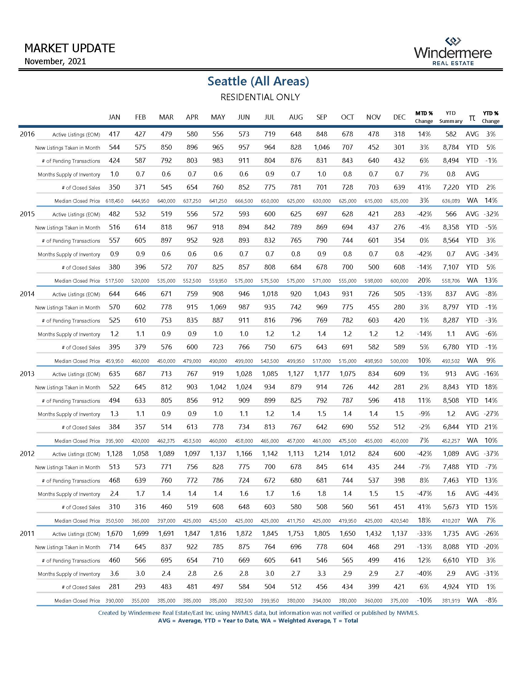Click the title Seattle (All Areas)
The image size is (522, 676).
pyautogui.click(x=258, y=81)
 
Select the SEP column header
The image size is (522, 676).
pyautogui.click(x=321, y=117)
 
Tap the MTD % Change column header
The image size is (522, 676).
pyautogui.click(x=424, y=117)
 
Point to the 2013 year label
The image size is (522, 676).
pyautogui.click(x=27, y=374)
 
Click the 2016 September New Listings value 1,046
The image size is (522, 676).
pyautogui.click(x=321, y=147)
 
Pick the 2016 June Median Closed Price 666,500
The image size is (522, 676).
pyautogui.click(x=244, y=201)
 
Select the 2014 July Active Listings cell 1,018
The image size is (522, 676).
pyautogui.click(x=270, y=294)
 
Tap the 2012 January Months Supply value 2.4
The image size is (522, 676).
pyautogui.click(x=115, y=494)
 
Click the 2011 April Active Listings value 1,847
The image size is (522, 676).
pyautogui.click(x=192, y=534)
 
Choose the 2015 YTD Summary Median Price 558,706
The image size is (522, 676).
pyautogui.click(x=451, y=281)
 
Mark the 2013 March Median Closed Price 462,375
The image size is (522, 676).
pyautogui.click(x=166, y=441)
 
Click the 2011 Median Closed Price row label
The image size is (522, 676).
pyautogui.click(x=77, y=601)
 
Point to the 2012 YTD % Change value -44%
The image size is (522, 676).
pyautogui.click(x=491, y=494)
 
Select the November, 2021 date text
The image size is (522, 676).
pyautogui.click(x=55, y=61)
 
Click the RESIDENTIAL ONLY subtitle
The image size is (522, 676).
pyautogui.click(x=260, y=97)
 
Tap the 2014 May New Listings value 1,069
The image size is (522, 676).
pyautogui.click(x=218, y=307)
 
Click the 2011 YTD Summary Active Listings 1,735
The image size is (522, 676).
pyautogui.click(x=451, y=534)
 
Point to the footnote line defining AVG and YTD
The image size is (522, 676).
pyautogui.click(x=258, y=621)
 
